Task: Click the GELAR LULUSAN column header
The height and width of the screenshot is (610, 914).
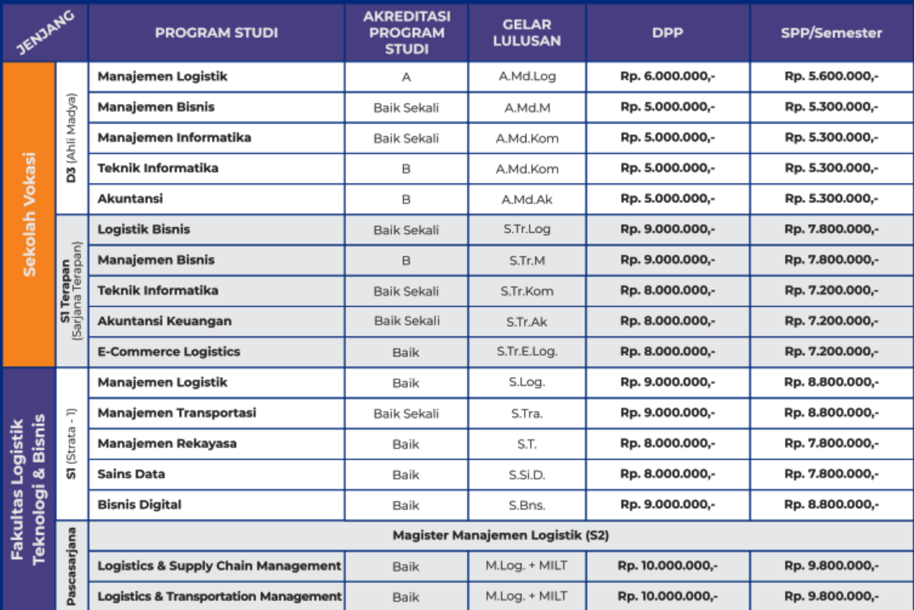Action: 527,33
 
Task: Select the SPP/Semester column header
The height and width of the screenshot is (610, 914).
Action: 831,33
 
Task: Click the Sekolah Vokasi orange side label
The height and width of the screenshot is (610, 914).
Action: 29,214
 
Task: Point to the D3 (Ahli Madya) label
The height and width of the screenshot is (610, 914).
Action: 71,138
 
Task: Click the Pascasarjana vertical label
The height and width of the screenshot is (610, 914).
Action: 71,565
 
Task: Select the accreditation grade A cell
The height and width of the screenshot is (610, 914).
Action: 406,77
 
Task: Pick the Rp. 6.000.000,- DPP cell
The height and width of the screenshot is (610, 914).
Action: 668,77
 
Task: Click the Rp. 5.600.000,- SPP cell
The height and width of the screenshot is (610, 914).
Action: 831,77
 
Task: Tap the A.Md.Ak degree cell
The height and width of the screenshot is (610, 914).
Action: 527,199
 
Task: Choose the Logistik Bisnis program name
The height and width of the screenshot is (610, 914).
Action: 144,229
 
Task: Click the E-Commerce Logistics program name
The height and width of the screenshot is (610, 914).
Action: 169,352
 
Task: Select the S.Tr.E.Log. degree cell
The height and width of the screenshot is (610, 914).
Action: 527,352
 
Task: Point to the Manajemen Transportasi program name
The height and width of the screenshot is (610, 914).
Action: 176,413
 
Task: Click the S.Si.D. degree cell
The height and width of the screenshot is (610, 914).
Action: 527,474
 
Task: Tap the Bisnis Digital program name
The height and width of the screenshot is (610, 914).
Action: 139,505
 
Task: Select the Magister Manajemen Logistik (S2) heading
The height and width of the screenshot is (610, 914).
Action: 500,535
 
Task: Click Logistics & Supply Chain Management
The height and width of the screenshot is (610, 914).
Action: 219,566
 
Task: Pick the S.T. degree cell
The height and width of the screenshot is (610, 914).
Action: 527,443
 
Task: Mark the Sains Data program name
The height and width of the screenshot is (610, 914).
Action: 131,474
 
